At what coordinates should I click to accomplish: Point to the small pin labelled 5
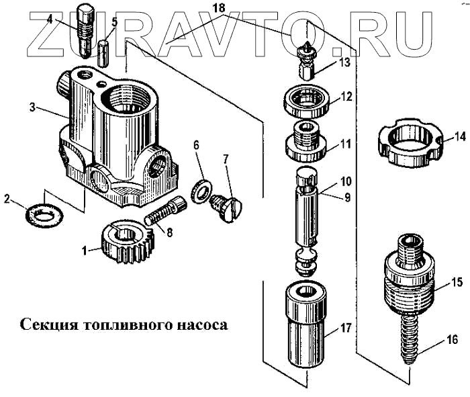click(x=103, y=53)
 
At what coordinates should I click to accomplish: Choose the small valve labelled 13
click(x=306, y=58)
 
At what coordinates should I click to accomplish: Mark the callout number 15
click(x=457, y=283)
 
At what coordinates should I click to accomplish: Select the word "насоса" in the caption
click(x=198, y=325)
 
